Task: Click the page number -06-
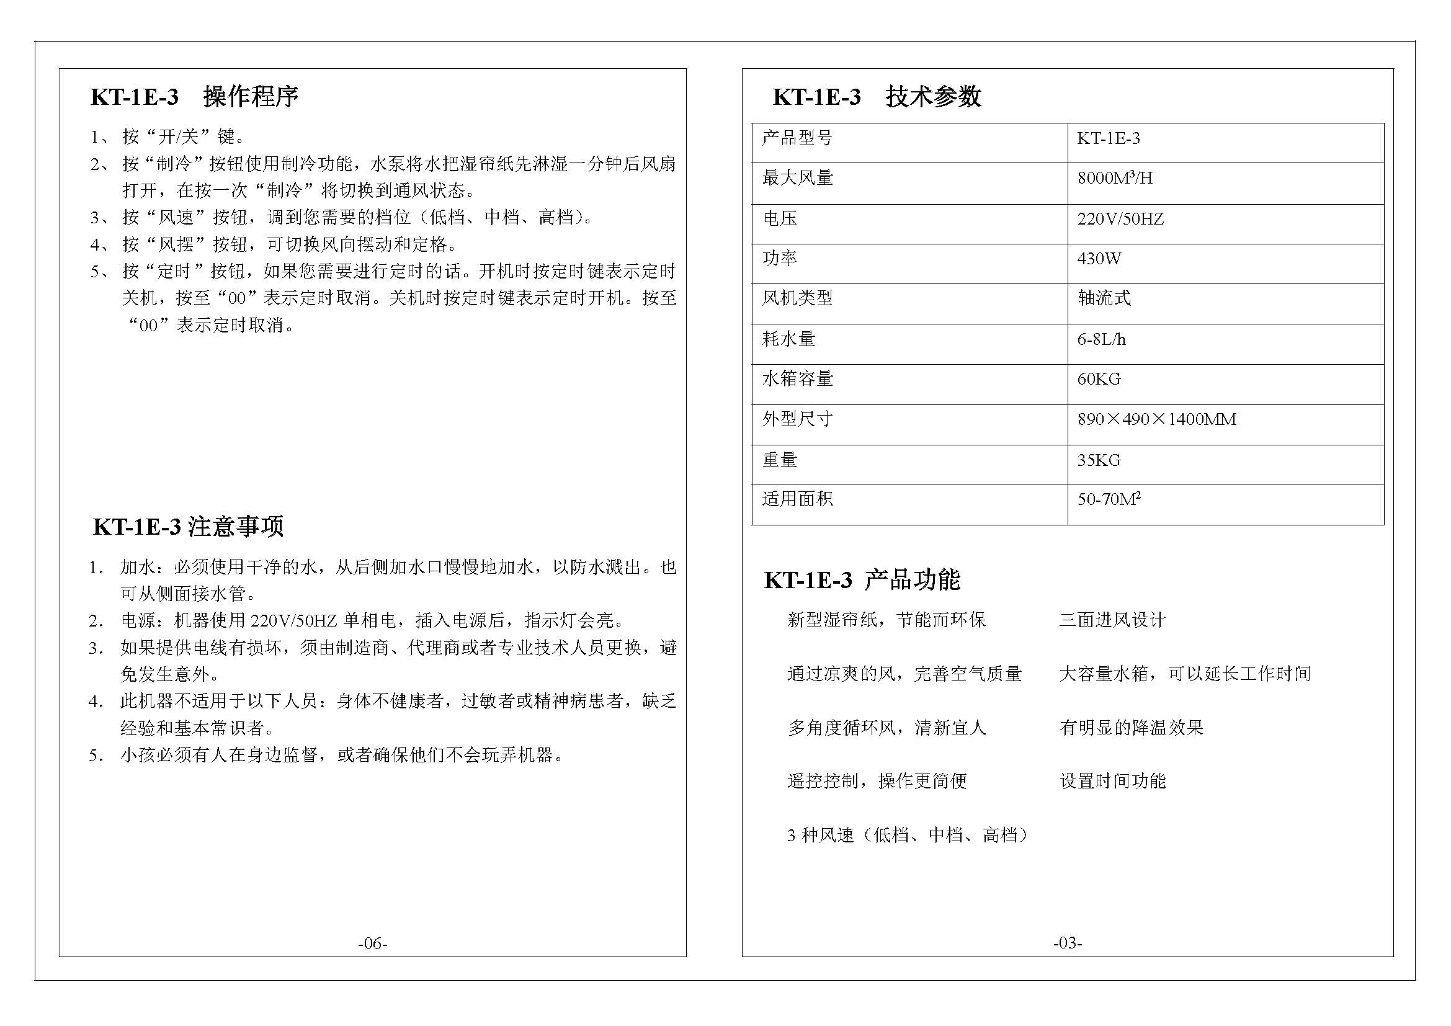[x=372, y=943]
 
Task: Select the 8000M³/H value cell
[x=1115, y=178]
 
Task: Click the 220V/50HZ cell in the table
[x=1120, y=219]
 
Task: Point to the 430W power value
[x=1099, y=259]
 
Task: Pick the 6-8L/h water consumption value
[x=1101, y=339]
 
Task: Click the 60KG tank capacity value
[x=1099, y=379]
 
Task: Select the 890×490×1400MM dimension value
[x=1156, y=419]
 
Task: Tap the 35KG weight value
[x=1099, y=460]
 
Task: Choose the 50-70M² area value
[x=1109, y=499]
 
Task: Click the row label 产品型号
[x=797, y=138]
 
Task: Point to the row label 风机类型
[x=797, y=298]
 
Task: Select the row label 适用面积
[x=797, y=499]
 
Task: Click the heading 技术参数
[x=933, y=97]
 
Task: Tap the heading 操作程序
[x=250, y=97]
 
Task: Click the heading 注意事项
[x=236, y=526]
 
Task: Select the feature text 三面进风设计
[x=1112, y=620]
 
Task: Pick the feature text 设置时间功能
[x=1112, y=781]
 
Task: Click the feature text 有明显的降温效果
[x=1131, y=727]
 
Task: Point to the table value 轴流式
[x=1104, y=298]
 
